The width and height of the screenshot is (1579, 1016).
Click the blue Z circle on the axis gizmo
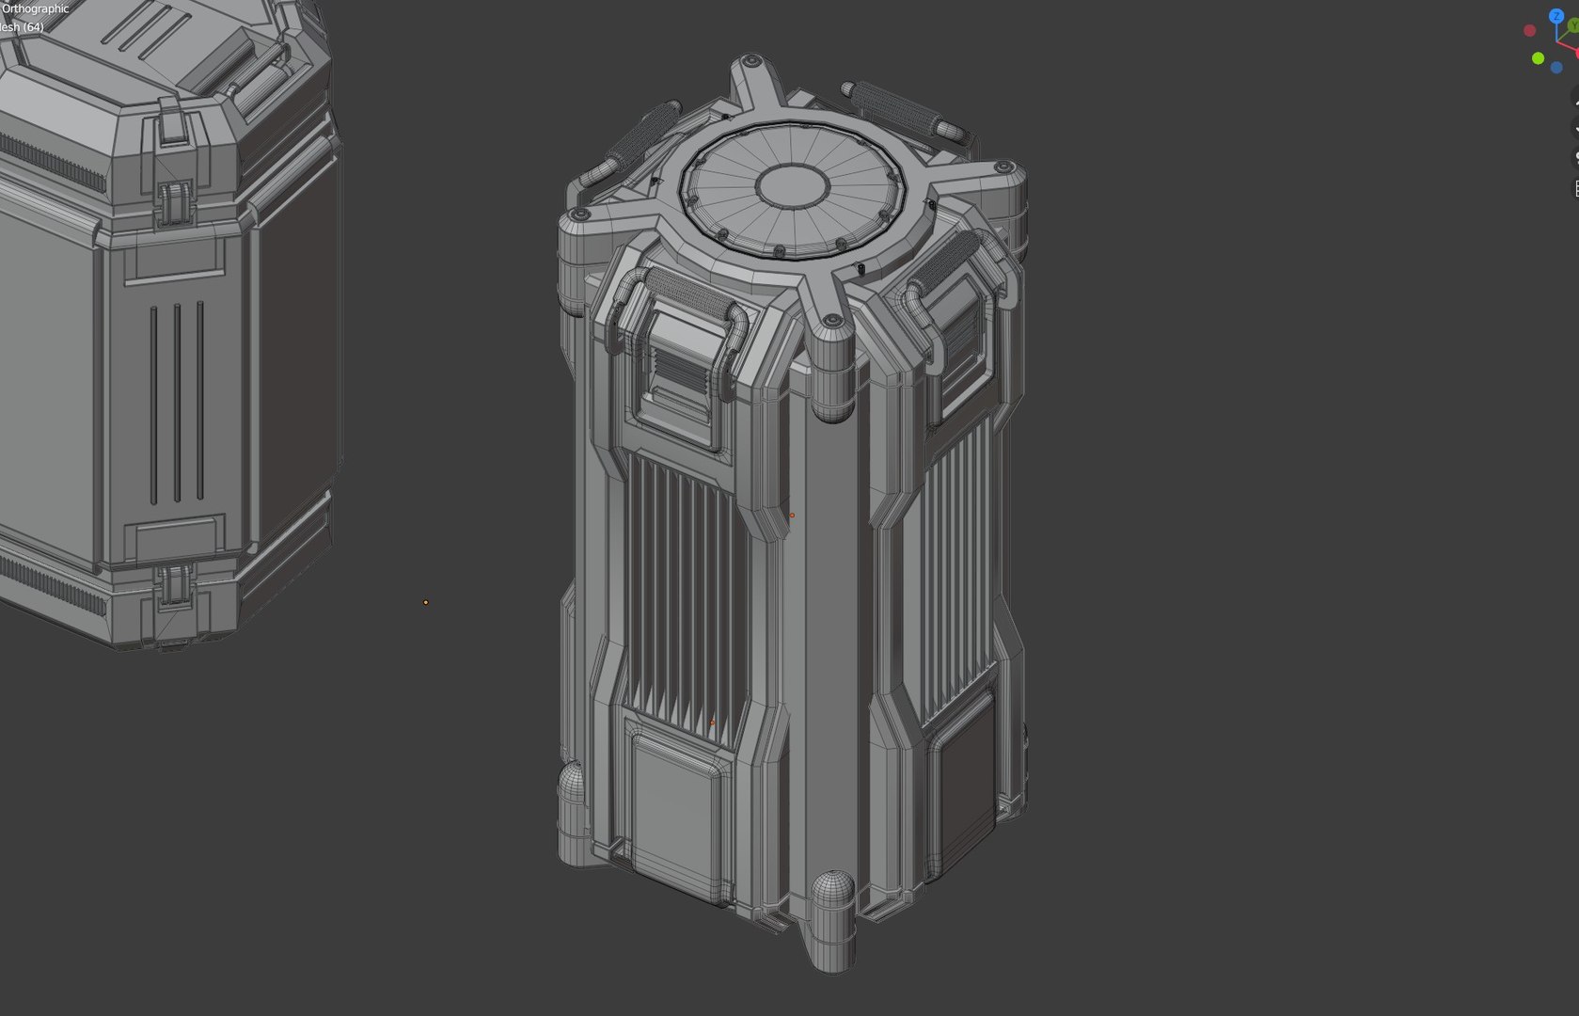pos(1556,16)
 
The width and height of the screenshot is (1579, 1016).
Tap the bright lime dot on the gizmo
pos(1538,58)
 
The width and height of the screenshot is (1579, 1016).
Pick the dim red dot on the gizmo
pos(1529,31)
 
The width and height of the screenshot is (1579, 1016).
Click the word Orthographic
pos(36,8)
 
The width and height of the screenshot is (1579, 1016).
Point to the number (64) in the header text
pos(33,27)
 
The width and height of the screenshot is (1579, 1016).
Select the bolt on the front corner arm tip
pos(831,322)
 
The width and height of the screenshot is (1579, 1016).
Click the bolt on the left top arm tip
pos(581,215)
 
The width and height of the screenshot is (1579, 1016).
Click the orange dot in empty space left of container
pos(426,602)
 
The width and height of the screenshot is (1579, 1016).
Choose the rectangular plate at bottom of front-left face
pos(679,809)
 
